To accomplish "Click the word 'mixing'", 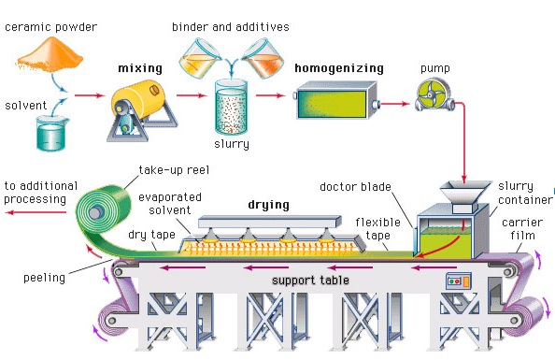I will click(x=140, y=68).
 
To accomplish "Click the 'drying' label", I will click(x=268, y=204).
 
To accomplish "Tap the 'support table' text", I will click(x=310, y=280).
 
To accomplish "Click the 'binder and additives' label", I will click(x=230, y=27).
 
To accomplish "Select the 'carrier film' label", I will click(x=521, y=230).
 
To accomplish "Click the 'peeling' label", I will click(x=45, y=278).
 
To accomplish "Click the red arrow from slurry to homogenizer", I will click(x=270, y=94).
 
